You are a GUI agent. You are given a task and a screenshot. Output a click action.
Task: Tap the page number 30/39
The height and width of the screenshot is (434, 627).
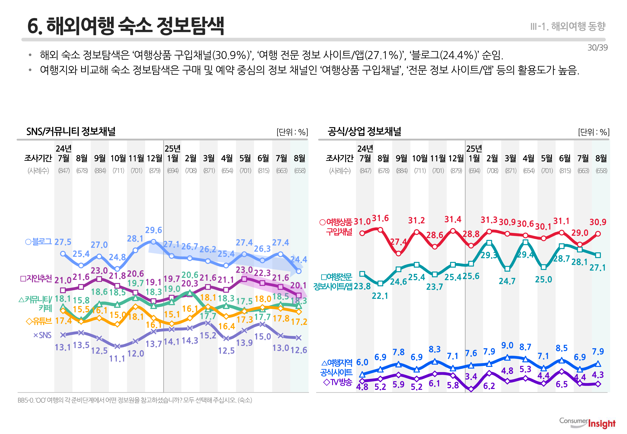tap(597, 48)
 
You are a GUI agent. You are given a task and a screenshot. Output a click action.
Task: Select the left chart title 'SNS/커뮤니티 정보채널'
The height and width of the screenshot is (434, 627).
tap(71, 131)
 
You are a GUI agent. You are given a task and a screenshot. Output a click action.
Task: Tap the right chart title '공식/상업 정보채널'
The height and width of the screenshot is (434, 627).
tap(364, 131)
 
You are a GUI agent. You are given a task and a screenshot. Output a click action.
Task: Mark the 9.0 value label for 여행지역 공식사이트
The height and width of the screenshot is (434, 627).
tap(507, 345)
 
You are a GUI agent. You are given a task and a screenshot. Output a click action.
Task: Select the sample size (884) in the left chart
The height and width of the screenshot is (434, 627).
tap(100, 171)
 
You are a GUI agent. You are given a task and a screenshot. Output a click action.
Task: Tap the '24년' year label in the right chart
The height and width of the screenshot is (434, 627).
tap(365, 149)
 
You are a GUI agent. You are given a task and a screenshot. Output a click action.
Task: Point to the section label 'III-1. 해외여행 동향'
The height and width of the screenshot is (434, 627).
tap(568, 26)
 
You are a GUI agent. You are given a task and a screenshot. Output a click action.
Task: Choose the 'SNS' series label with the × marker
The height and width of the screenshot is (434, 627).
tap(42, 335)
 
